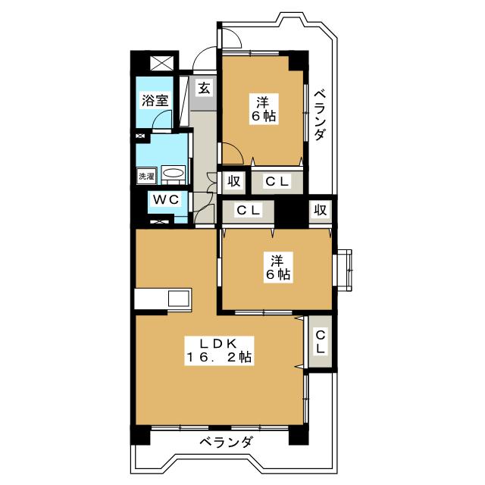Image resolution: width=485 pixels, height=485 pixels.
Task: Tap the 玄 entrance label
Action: click(x=204, y=87)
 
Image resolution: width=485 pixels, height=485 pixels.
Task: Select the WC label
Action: click(x=164, y=199)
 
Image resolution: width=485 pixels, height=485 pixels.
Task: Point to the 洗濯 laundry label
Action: click(x=145, y=176)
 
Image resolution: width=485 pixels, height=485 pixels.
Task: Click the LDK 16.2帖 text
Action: click(x=219, y=349)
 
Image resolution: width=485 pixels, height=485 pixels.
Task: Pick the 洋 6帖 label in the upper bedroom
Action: click(x=263, y=108)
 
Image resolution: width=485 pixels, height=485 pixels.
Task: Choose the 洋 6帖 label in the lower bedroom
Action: click(x=277, y=267)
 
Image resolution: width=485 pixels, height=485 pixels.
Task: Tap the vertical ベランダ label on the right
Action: click(x=320, y=114)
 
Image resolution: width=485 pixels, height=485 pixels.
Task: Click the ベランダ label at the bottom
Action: click(x=227, y=443)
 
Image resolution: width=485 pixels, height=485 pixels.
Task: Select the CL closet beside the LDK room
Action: click(x=320, y=343)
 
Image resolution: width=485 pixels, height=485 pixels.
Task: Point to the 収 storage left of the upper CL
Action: click(x=233, y=181)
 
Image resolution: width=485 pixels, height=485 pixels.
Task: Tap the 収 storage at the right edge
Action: click(x=320, y=211)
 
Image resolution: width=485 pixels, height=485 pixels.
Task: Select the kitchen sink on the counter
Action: click(x=180, y=299)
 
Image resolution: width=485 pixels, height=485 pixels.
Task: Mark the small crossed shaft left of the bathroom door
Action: click(x=139, y=137)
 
